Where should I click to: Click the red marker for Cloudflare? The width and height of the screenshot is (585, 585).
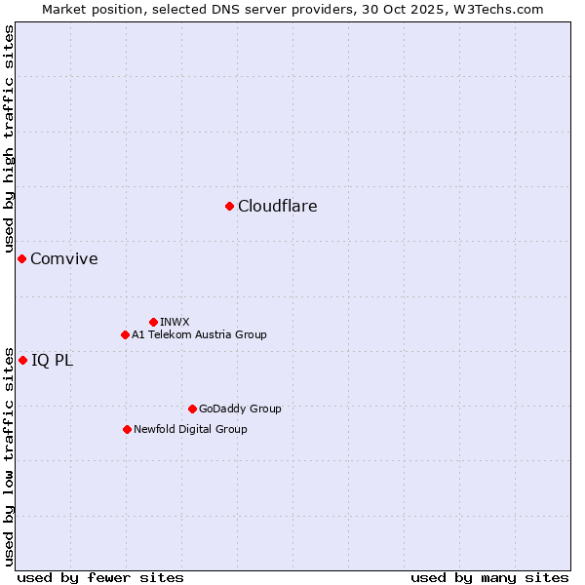(229, 206)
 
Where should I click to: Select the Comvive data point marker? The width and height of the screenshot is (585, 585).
(21, 258)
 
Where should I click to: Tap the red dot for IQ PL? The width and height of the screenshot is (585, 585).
(22, 360)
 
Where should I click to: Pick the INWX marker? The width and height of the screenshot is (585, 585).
(153, 322)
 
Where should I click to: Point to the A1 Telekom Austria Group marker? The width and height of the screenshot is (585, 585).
(125, 334)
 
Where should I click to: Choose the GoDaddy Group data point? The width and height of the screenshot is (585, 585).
(192, 409)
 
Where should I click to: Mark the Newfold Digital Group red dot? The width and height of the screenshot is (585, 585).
(127, 429)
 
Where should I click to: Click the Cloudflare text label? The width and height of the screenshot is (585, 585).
(277, 206)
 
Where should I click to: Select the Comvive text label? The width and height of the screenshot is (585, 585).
(63, 258)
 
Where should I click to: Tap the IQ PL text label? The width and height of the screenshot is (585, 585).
(52, 360)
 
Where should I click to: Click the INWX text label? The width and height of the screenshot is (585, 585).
(175, 322)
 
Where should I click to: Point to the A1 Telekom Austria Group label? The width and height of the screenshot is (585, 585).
(199, 334)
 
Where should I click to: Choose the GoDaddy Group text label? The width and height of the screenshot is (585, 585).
(240, 409)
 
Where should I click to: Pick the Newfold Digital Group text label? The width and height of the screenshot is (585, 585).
(190, 429)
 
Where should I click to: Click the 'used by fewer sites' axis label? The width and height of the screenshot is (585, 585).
(100, 577)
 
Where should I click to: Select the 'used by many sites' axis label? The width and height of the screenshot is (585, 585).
(489, 577)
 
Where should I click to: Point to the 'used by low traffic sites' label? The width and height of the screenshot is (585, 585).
(9, 455)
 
